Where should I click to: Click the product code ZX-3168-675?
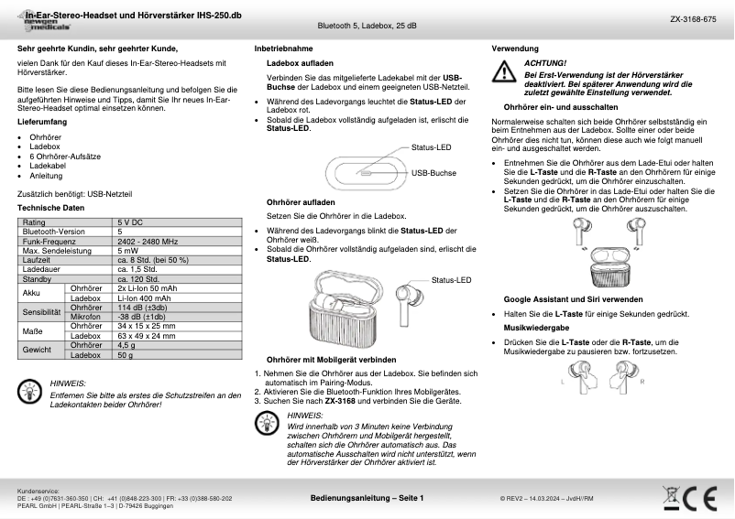click(693, 17)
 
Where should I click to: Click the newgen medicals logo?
click(47, 26)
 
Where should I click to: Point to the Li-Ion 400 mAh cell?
click(144, 297)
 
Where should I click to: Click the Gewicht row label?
click(37, 350)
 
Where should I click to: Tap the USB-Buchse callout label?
click(434, 172)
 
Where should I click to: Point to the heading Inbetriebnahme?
click(283, 47)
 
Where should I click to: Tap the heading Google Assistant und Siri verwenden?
click(573, 299)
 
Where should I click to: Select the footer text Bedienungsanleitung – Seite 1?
click(367, 498)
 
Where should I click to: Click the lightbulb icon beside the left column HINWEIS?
click(29, 391)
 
